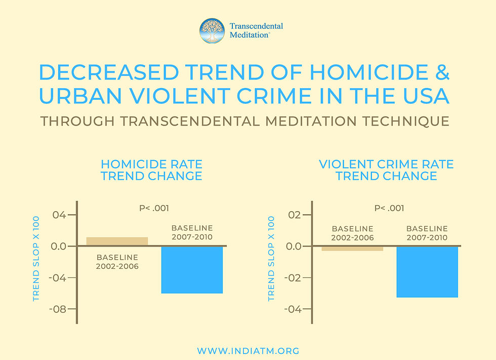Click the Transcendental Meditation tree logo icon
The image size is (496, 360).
212,31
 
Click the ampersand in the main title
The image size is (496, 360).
441,73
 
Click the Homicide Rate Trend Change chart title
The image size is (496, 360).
151,170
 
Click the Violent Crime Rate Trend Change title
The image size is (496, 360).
386,170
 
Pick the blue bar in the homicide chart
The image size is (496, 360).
192,269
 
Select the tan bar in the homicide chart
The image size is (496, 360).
117,242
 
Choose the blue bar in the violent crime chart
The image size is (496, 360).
427,271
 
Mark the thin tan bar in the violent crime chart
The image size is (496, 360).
352,248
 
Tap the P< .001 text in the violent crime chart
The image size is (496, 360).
389,208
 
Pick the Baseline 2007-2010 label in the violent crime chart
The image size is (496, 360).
427,233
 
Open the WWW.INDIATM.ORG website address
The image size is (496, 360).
248,351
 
